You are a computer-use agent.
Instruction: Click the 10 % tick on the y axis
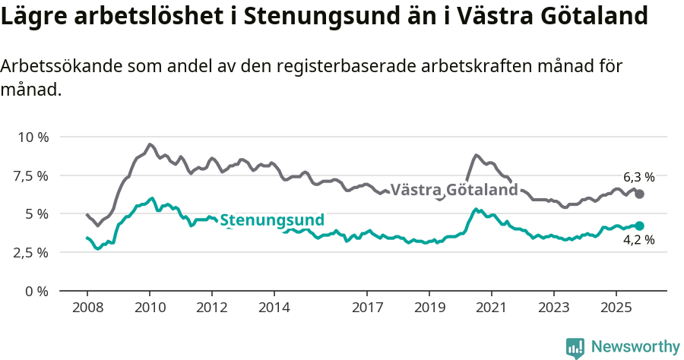coord(33,137)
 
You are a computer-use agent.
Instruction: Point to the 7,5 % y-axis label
coord(31,176)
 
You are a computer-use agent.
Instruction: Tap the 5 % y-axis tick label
coord(36,214)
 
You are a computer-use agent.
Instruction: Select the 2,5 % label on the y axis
coord(31,253)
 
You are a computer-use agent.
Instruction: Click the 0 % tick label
coord(36,291)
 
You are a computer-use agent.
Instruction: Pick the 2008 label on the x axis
coord(87,310)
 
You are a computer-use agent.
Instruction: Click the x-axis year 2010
coord(149,310)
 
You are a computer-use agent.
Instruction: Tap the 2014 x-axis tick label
coord(274,310)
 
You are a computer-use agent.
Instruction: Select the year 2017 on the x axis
coord(367,310)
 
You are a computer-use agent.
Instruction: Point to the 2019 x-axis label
coord(429,310)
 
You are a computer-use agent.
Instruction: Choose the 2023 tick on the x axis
coord(553,310)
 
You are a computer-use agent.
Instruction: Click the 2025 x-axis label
coord(616,310)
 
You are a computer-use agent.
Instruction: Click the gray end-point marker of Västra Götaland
coord(639,194)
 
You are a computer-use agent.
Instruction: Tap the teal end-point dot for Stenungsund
coord(639,226)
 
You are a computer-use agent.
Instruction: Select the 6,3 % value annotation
coord(638,177)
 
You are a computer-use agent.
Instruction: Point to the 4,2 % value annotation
coord(638,241)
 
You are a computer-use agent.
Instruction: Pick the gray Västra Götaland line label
coord(454,190)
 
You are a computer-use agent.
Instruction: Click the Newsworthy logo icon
coord(575,347)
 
